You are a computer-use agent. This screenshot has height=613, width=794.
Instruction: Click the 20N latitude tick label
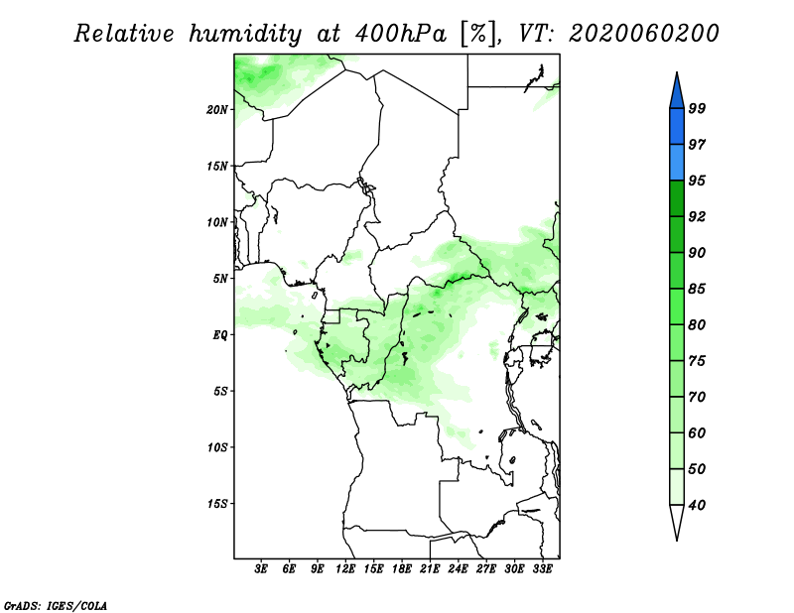pos(217,110)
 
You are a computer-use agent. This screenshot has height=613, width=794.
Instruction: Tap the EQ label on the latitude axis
pos(220,335)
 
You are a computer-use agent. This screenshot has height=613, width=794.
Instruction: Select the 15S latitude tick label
pos(217,504)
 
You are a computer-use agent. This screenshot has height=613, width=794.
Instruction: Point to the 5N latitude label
pos(220,279)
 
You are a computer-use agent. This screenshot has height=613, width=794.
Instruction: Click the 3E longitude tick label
pos(261,569)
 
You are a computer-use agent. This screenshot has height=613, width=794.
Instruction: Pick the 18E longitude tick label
pos(402,569)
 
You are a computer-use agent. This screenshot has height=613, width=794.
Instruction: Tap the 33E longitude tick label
pos(542,569)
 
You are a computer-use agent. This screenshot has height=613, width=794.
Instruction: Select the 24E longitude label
pos(458,569)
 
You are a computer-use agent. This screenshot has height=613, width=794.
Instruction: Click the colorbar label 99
pos(697,108)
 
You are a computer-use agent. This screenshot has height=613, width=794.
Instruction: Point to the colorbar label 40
pos(697,505)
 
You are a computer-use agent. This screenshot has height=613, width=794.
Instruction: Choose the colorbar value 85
pos(697,289)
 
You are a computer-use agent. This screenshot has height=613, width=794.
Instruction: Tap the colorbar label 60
pos(697,432)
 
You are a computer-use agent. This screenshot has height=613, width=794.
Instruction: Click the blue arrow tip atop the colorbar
pos(677,73)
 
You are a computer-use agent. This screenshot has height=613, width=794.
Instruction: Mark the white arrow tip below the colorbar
pos(677,540)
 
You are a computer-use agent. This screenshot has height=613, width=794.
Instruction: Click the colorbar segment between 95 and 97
pos(677,163)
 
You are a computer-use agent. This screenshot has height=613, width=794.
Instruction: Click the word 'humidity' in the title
pos(245,35)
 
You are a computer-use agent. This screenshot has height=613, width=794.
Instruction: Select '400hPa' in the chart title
pos(401,35)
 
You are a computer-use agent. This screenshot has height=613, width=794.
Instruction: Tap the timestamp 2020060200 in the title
pos(643,34)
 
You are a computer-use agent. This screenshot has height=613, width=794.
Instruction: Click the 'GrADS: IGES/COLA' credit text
pos(56,606)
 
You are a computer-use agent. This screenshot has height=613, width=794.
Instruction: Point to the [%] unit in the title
pos(478,35)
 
